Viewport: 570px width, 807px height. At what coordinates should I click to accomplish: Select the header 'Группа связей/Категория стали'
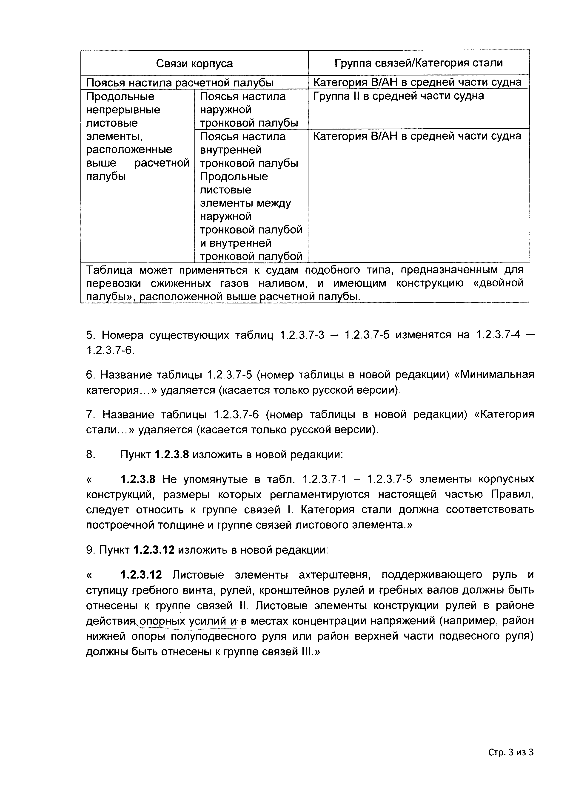tap(418, 63)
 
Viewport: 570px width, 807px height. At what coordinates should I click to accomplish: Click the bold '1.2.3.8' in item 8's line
tap(172, 455)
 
